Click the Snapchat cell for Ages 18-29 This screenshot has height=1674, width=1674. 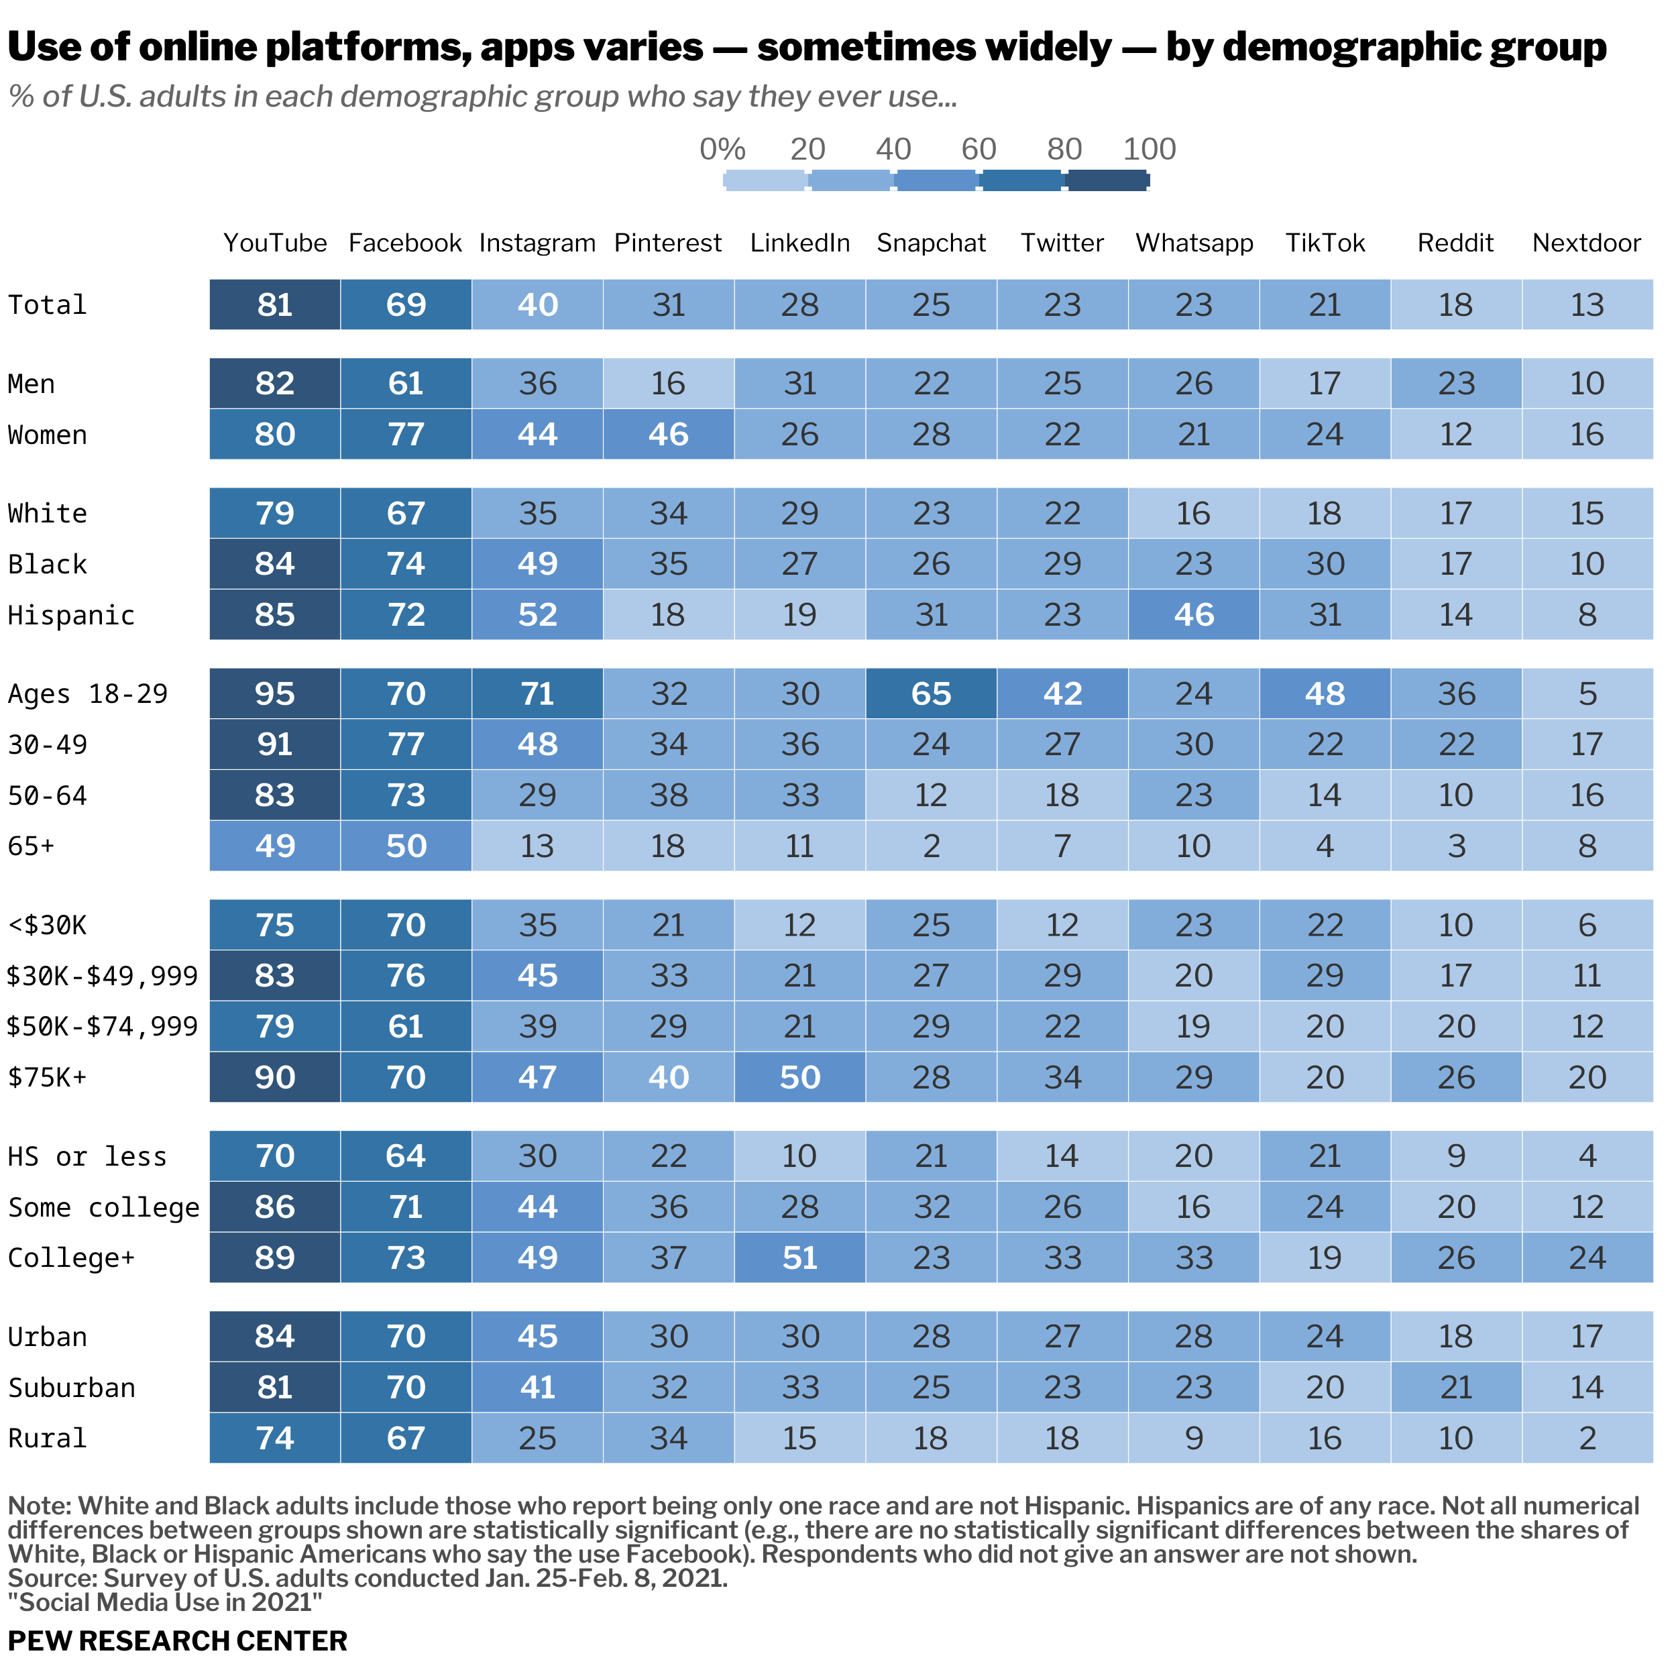coord(931,693)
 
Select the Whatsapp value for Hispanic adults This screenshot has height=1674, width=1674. coord(1193,614)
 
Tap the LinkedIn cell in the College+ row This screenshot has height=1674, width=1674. coord(799,1258)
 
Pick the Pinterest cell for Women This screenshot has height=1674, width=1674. coord(668,434)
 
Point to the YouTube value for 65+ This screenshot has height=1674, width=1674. coord(275,846)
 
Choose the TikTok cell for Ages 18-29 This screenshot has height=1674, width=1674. coord(1324,693)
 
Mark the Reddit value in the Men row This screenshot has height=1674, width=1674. coord(1455,383)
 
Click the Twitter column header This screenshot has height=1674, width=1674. coord(1062,243)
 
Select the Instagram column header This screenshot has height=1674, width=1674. coord(537,243)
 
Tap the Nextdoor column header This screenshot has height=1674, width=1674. coord(1587,243)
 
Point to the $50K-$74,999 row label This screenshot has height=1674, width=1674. coord(102,1027)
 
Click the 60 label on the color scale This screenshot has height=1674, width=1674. coord(979,149)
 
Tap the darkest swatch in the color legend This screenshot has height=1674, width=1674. coord(1108,181)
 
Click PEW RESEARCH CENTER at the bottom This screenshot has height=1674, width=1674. coord(178,1641)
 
